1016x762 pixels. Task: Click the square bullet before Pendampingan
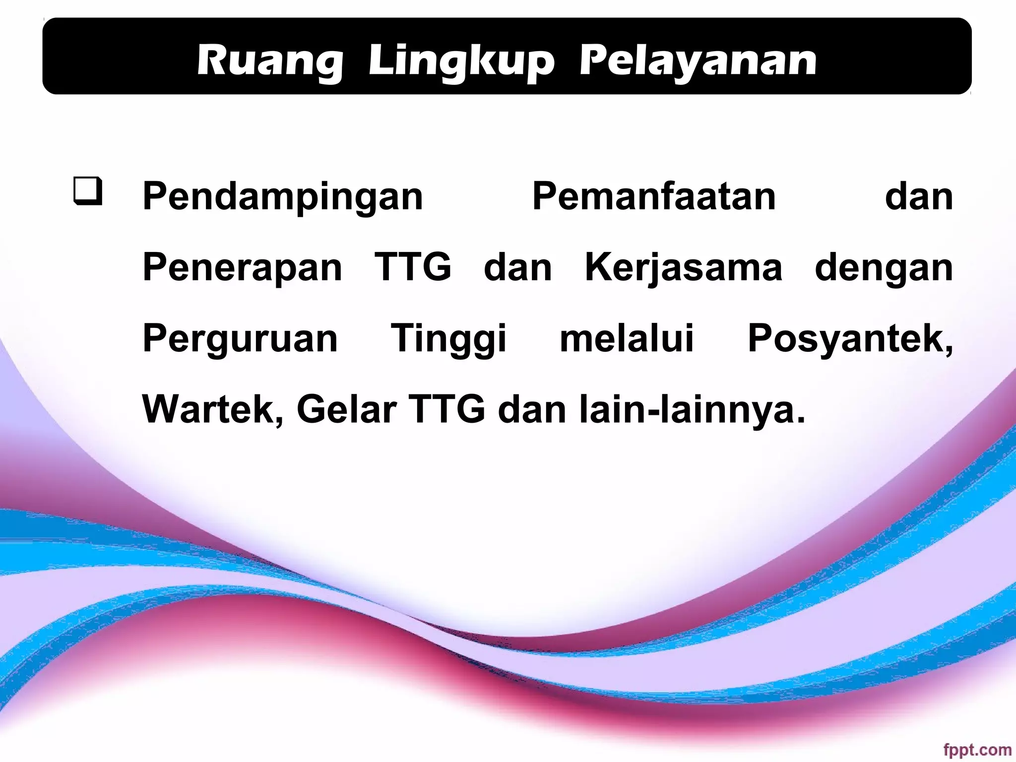pyautogui.click(x=88, y=191)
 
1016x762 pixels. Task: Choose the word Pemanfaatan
pyautogui.click(x=654, y=197)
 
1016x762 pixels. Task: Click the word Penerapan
pyautogui.click(x=242, y=268)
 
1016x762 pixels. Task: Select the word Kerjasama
pyautogui.click(x=684, y=268)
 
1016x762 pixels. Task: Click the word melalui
pyautogui.click(x=627, y=338)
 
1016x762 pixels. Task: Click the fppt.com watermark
pyautogui.click(x=977, y=750)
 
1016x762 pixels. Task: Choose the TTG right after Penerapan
pyautogui.click(x=413, y=267)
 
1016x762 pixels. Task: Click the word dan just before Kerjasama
pyautogui.click(x=517, y=268)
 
